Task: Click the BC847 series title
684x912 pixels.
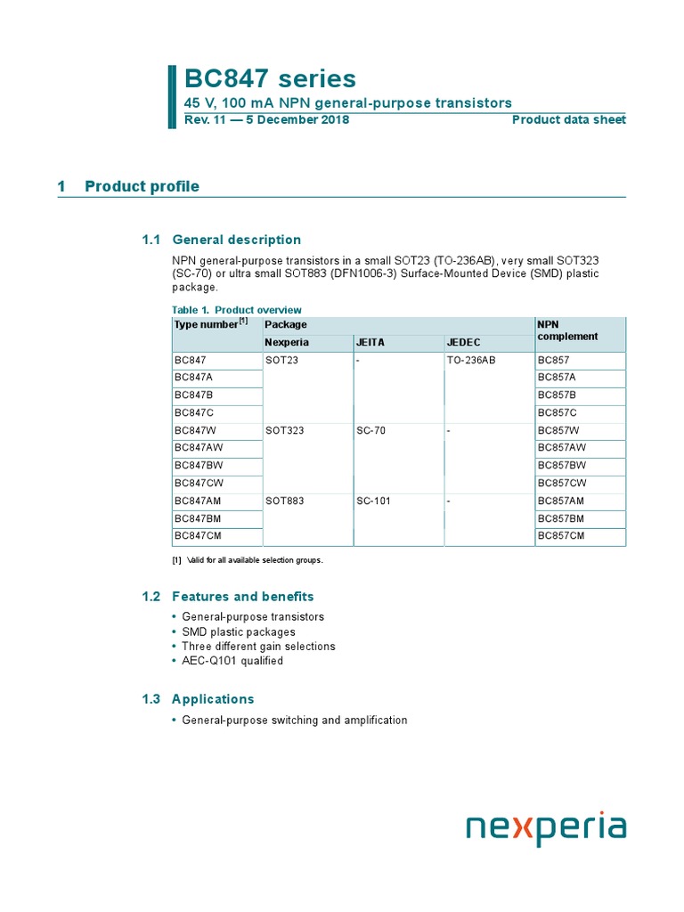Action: coord(270,78)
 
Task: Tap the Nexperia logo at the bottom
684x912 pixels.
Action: coord(546,828)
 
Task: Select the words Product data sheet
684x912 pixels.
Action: coord(568,120)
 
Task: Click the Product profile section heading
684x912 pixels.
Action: coord(142,186)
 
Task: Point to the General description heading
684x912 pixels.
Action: coord(236,240)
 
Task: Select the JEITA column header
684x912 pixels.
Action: coord(370,343)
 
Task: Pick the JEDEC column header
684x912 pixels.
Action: coord(463,343)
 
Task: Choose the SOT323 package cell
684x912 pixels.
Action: coord(284,430)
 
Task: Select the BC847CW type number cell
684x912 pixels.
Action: coord(199,484)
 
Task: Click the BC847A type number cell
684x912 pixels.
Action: coord(193,378)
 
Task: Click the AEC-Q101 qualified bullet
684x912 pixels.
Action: coord(232,661)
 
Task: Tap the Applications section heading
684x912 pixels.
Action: coord(213,699)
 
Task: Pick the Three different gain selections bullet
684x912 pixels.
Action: coord(258,647)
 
